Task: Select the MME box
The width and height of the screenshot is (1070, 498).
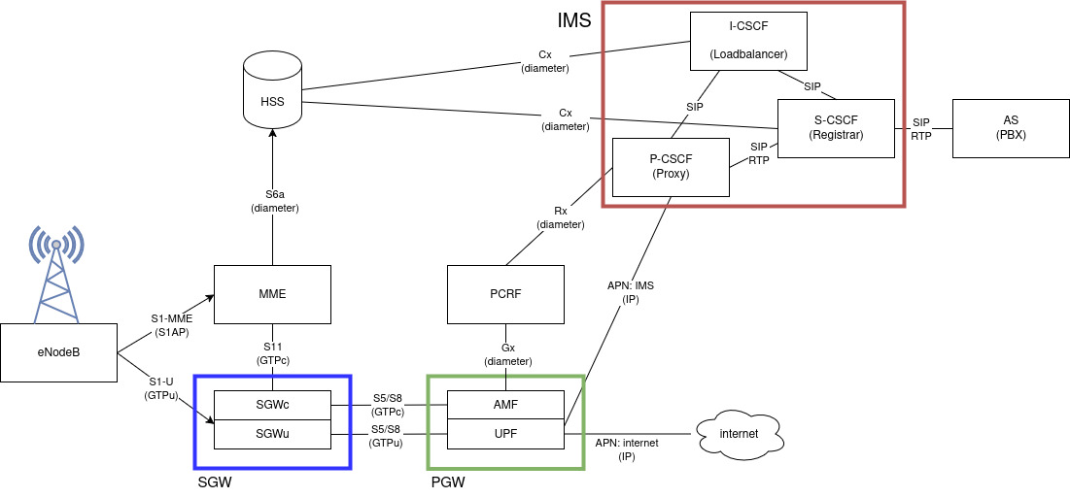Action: point(272,295)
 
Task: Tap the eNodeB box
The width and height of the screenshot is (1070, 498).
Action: point(58,351)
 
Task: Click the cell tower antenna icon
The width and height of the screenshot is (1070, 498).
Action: point(56,274)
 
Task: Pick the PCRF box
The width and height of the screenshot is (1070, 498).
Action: point(505,295)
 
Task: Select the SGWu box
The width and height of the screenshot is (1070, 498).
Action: point(272,434)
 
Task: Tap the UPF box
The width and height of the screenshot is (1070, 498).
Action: point(505,434)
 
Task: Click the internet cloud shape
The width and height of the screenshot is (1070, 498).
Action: point(740,434)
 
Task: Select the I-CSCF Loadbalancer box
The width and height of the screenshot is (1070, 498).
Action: point(748,41)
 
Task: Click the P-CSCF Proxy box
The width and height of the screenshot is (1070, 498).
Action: point(671,167)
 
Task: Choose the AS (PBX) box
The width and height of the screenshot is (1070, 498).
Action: point(1011,128)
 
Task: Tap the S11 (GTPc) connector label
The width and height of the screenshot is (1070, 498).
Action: point(272,352)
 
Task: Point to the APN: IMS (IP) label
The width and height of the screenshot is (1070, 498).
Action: point(631,292)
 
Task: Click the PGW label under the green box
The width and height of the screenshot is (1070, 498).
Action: point(448,482)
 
